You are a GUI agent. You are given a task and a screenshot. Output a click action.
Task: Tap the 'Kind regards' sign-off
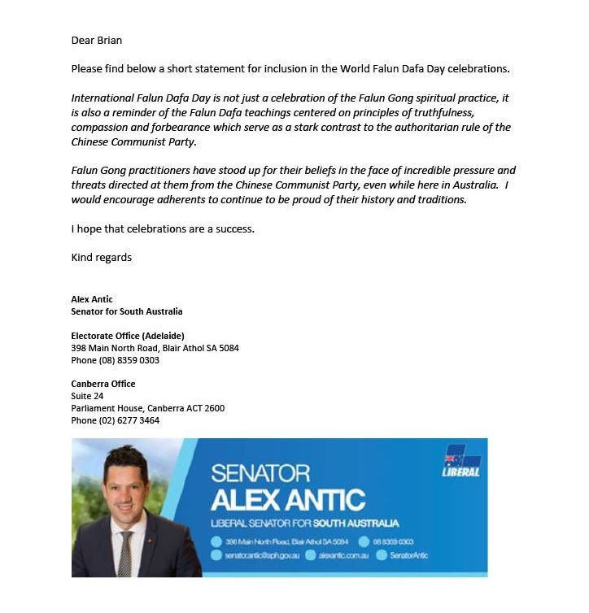[101, 258]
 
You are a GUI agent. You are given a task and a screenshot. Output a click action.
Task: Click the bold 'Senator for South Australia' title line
[126, 311]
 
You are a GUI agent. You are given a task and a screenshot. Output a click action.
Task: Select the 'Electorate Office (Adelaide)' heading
[128, 336]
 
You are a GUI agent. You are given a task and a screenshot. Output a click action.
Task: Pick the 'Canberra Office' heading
[103, 384]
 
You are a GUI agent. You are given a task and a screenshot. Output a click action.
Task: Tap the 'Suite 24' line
[87, 396]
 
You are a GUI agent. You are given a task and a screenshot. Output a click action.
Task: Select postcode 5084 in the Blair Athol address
[229, 348]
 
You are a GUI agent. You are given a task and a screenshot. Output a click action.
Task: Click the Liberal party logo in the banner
[460, 461]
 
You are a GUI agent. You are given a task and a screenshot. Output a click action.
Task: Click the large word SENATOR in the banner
[260, 473]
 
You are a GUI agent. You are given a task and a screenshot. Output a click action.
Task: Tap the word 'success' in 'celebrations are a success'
[235, 228]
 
